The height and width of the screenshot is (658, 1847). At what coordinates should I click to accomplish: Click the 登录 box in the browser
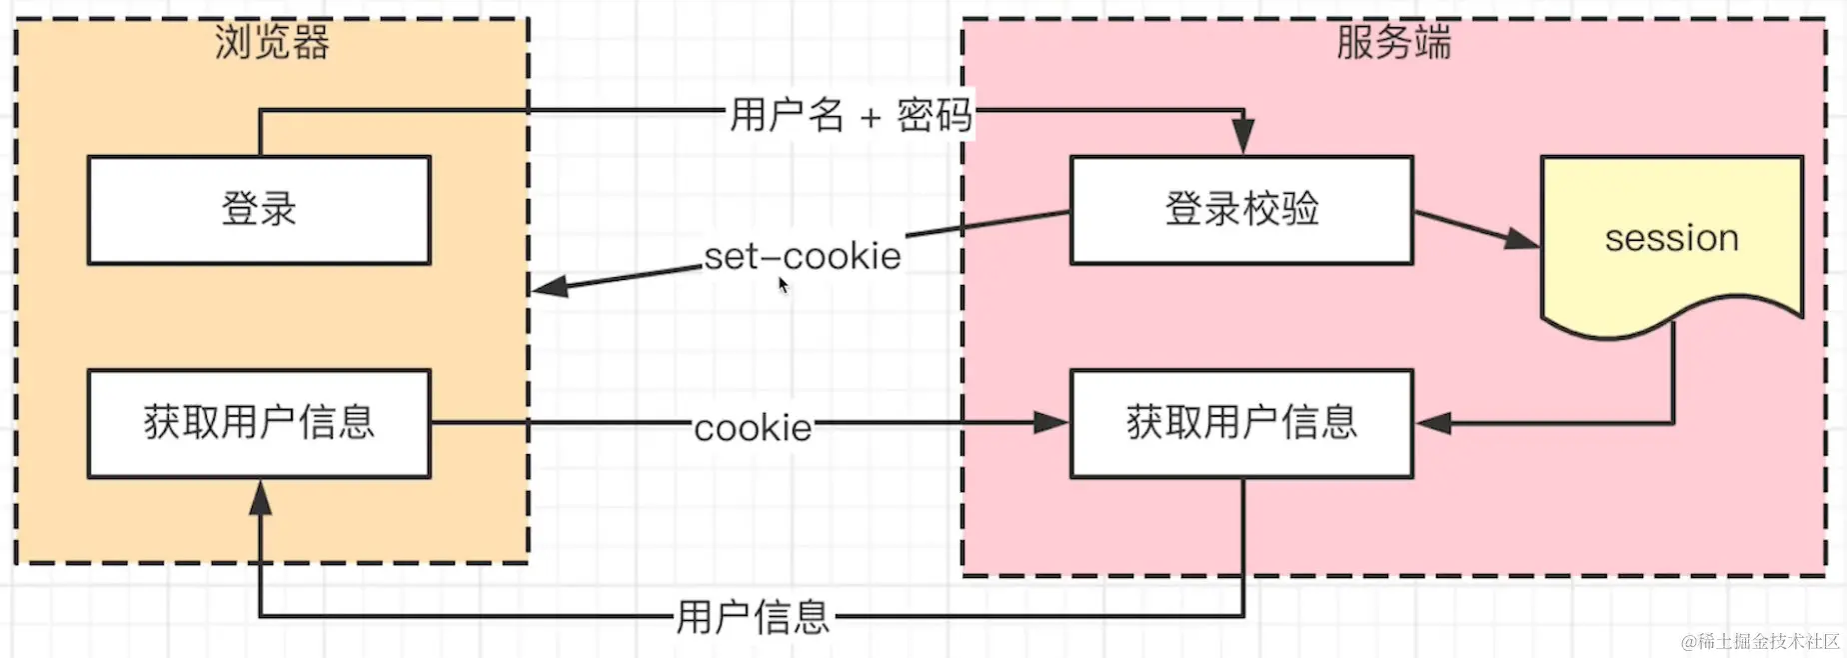[x=259, y=210]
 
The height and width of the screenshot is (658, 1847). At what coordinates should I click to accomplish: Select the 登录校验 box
[x=1241, y=210]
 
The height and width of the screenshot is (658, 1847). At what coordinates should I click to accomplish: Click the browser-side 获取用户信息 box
[x=259, y=423]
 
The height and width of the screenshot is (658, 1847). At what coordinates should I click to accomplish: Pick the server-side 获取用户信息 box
[x=1241, y=423]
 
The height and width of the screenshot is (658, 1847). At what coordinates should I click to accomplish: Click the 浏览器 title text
[x=272, y=43]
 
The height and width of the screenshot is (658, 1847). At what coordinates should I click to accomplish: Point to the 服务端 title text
[x=1393, y=43]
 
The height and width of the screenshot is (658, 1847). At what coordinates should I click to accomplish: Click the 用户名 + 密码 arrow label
[x=851, y=115]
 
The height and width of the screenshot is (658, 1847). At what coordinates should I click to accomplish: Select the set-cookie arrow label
[x=803, y=256]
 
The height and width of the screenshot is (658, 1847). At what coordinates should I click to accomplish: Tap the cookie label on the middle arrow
[x=753, y=428]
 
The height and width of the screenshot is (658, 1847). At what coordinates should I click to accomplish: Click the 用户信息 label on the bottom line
[x=753, y=617]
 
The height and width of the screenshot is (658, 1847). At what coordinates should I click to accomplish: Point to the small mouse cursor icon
[x=784, y=286]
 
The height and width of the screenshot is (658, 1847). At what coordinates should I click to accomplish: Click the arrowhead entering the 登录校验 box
[x=1242, y=136]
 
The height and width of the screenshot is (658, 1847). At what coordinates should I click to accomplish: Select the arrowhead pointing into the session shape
[x=1521, y=239]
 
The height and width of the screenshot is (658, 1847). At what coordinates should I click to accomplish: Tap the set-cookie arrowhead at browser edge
[x=548, y=287]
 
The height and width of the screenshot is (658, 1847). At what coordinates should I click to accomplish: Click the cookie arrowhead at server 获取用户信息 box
[x=1050, y=423]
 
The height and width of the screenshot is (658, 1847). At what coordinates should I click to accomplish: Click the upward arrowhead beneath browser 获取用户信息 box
[x=260, y=498]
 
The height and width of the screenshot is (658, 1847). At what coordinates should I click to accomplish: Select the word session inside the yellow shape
[x=1671, y=238]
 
